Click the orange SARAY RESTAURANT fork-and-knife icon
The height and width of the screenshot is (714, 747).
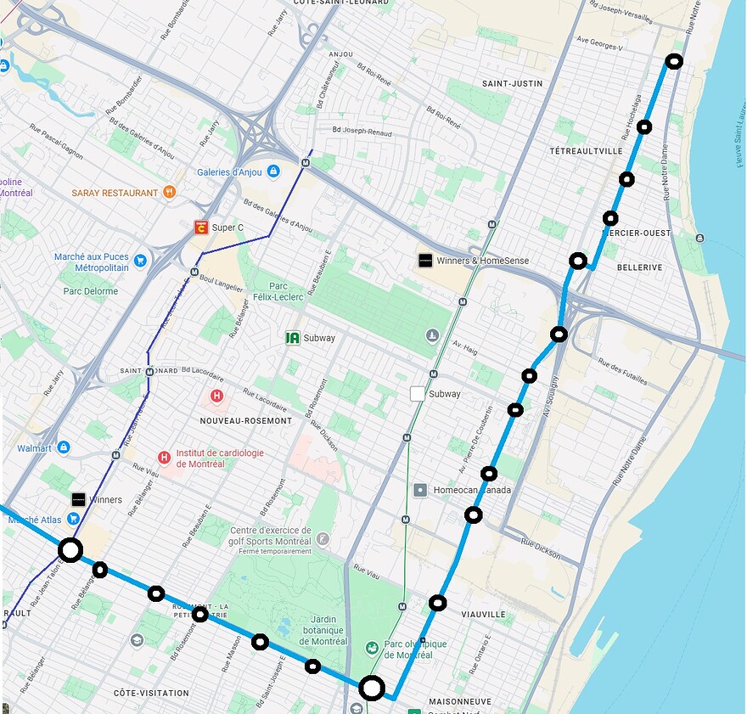pyautogui.click(x=170, y=193)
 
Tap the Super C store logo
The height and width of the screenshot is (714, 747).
pyautogui.click(x=201, y=228)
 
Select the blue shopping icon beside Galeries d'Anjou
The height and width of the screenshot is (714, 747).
pyautogui.click(x=272, y=172)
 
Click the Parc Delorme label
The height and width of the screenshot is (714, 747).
pyautogui.click(x=91, y=291)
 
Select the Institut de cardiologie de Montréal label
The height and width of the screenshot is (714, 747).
pyautogui.click(x=219, y=458)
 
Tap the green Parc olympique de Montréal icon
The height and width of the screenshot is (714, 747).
pyautogui.click(x=371, y=649)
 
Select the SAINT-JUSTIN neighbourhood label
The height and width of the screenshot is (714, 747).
pyautogui.click(x=512, y=84)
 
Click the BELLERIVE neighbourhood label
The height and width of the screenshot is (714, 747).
pyautogui.click(x=639, y=267)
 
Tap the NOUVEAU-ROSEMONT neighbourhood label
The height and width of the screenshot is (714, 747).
pyautogui.click(x=246, y=421)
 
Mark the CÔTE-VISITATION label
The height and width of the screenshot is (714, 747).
pyautogui.click(x=151, y=693)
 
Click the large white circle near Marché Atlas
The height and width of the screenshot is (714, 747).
pyautogui.click(x=70, y=550)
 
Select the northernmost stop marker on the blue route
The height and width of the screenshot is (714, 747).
pyautogui.click(x=673, y=61)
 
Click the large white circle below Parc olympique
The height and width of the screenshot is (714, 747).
pyautogui.click(x=372, y=688)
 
